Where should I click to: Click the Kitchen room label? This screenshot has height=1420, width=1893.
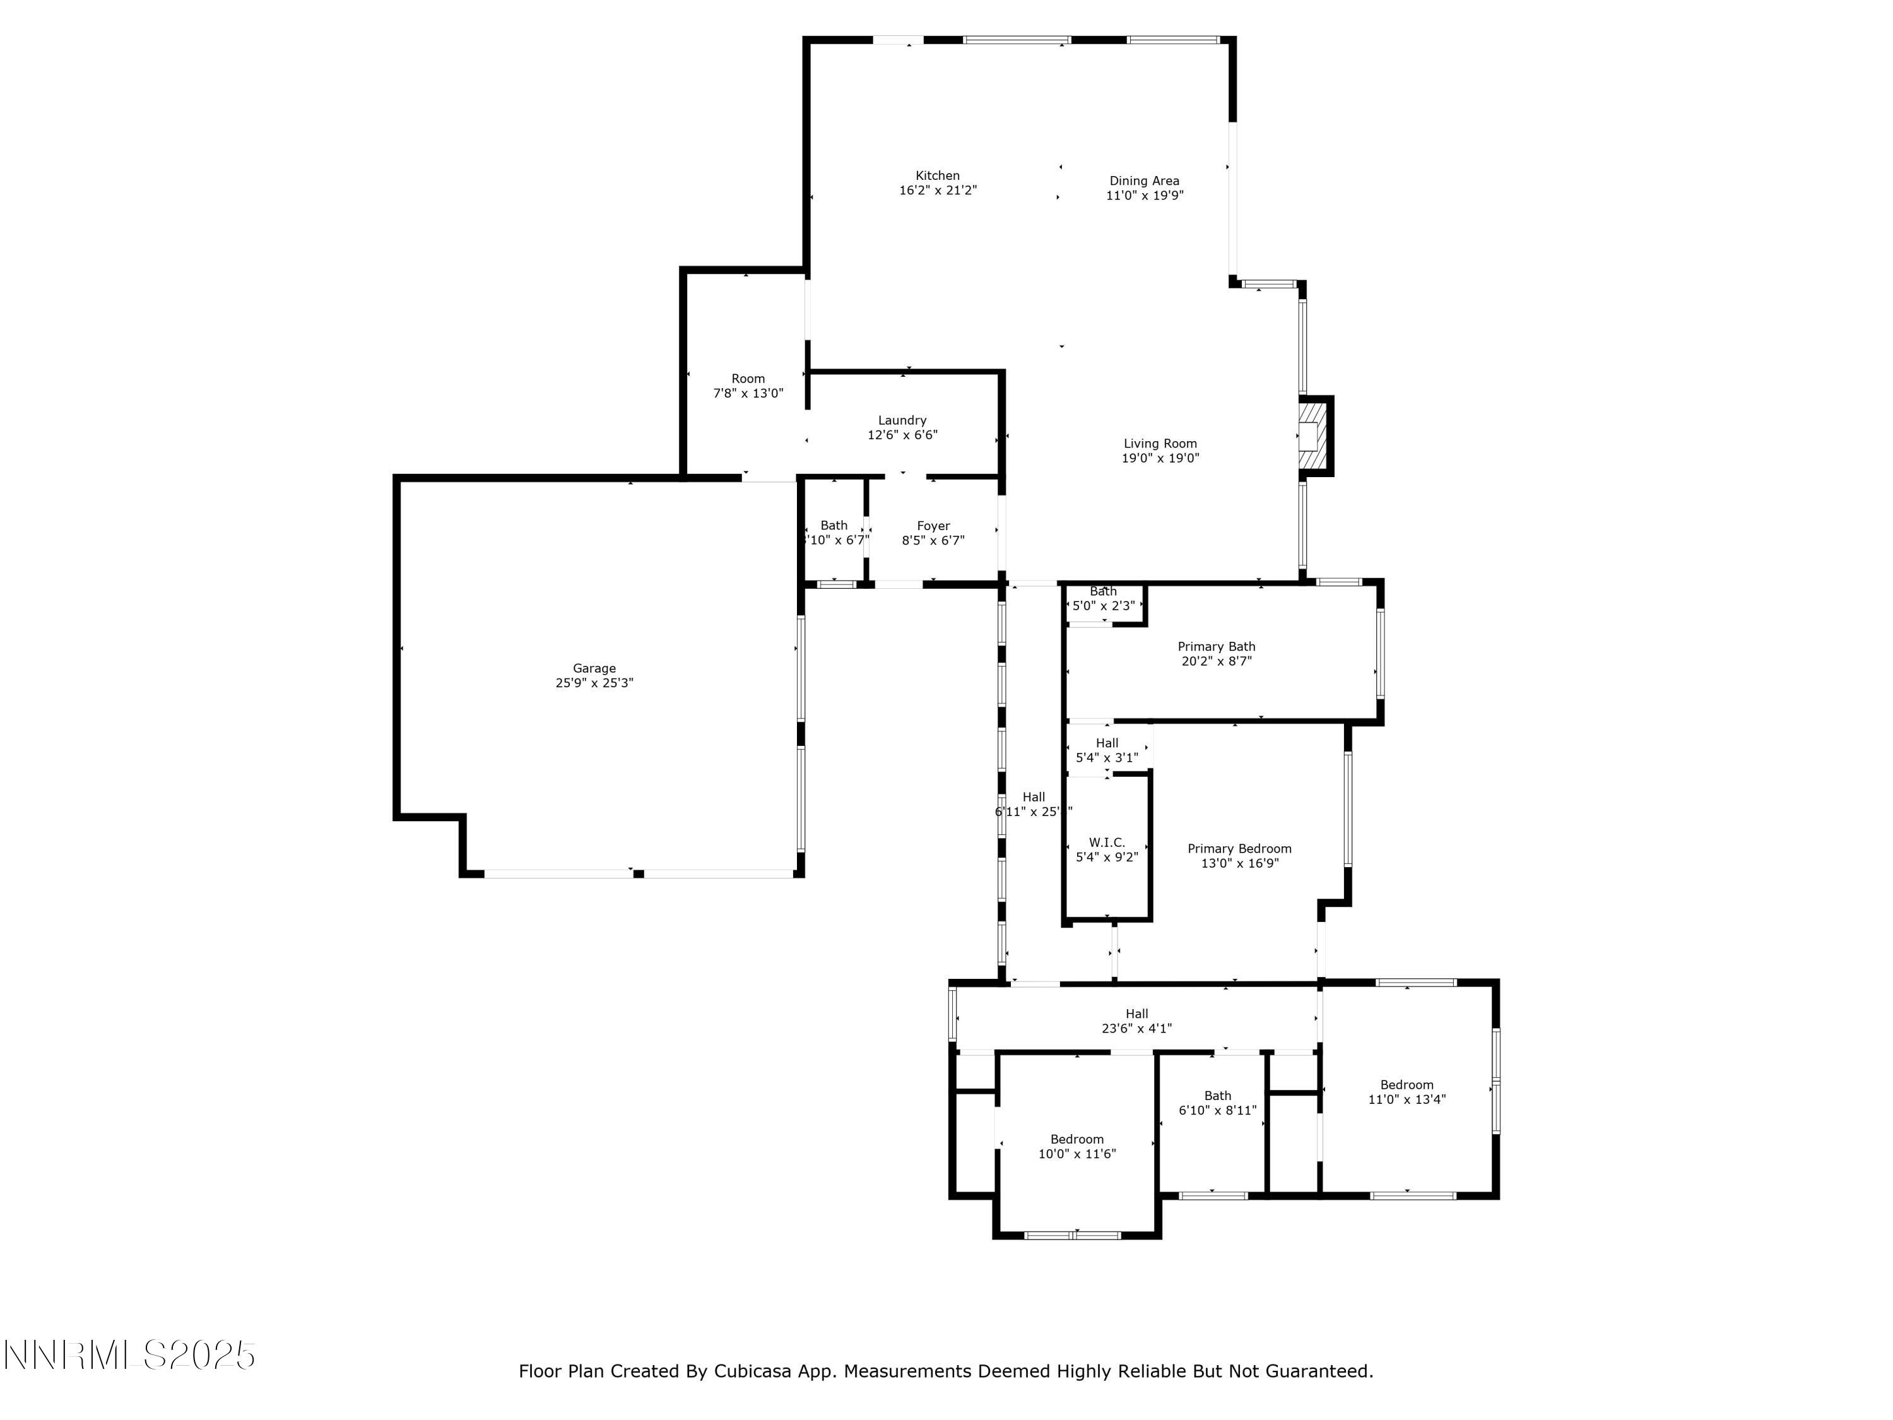point(937,175)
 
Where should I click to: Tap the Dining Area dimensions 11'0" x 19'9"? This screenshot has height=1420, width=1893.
point(1144,195)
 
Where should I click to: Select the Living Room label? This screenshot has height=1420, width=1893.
point(1160,444)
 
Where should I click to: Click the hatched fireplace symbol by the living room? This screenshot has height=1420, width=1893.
point(1309,437)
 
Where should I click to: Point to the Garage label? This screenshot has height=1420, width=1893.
point(594,668)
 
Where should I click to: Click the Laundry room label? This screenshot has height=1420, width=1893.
point(902,420)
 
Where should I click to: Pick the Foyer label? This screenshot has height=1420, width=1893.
point(933,526)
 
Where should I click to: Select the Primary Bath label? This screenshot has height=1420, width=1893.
point(1216,647)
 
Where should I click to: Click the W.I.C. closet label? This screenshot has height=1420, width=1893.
point(1107,843)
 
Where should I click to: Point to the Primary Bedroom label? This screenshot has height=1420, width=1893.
point(1239,849)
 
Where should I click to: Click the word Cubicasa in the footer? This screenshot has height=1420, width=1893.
point(750,1371)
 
